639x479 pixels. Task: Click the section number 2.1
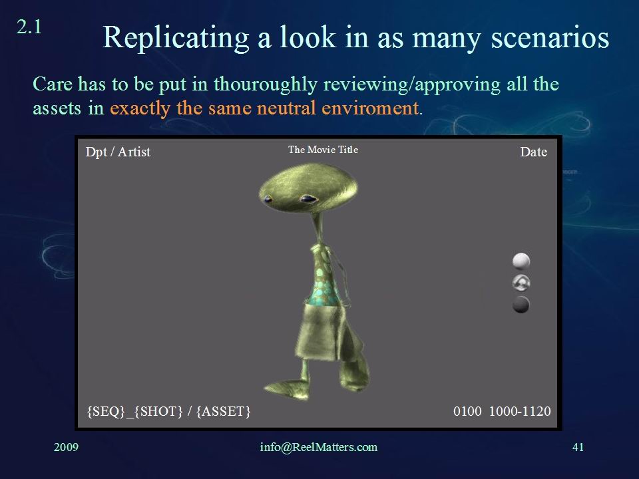tap(29, 27)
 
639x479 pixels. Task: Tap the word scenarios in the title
tap(550, 37)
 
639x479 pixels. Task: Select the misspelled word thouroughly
tap(266, 84)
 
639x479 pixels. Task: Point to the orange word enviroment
tap(370, 108)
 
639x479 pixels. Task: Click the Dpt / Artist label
tap(118, 152)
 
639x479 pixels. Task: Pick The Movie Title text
tap(323, 150)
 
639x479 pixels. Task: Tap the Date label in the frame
tap(533, 152)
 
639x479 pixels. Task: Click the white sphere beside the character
tap(521, 261)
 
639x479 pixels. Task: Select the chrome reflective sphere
tap(521, 283)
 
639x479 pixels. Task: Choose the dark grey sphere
tap(521, 305)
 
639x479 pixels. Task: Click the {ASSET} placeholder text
tap(224, 411)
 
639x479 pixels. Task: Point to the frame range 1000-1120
tap(520, 411)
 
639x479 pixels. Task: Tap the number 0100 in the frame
tap(467, 411)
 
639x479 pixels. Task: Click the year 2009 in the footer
tap(66, 447)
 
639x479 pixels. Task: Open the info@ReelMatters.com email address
tap(319, 447)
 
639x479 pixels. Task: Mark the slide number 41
tap(578, 447)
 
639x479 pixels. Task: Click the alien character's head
tap(308, 188)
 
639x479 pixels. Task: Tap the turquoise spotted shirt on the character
tap(326, 277)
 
